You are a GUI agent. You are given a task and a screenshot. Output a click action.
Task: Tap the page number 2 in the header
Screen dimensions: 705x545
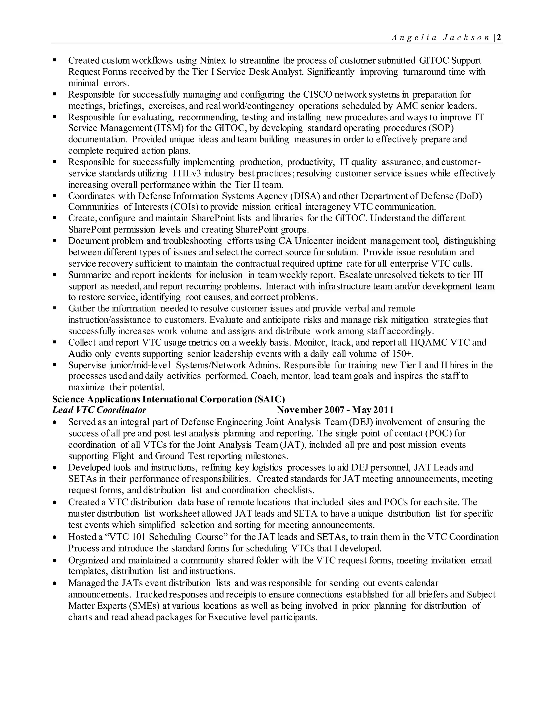[x=499, y=38]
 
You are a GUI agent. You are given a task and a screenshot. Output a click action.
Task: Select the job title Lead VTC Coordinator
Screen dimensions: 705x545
[x=99, y=410]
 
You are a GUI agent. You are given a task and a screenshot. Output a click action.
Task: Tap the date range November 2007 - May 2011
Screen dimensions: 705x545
[x=335, y=410]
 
